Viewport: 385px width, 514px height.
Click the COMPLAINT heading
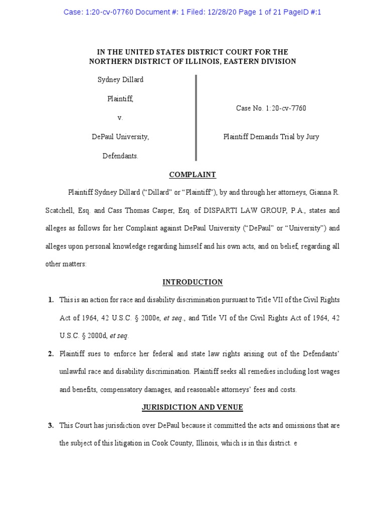click(x=192, y=175)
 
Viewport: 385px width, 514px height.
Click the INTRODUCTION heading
click(x=192, y=282)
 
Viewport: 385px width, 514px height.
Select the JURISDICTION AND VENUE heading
click(x=192, y=408)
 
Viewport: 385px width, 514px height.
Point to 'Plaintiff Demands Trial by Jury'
click(x=271, y=137)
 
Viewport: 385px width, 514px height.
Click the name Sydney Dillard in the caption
click(x=120, y=80)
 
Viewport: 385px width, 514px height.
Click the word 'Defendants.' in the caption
click(x=120, y=156)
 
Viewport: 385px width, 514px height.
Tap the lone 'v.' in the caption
click(x=120, y=118)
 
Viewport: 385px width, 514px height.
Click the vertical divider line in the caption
click(x=196, y=117)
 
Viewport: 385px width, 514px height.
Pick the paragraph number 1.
click(x=51, y=300)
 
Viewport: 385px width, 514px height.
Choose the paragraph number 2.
click(x=51, y=354)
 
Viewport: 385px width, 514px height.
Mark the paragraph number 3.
click(x=51, y=426)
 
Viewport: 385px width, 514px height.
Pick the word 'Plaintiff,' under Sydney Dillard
click(x=120, y=99)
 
